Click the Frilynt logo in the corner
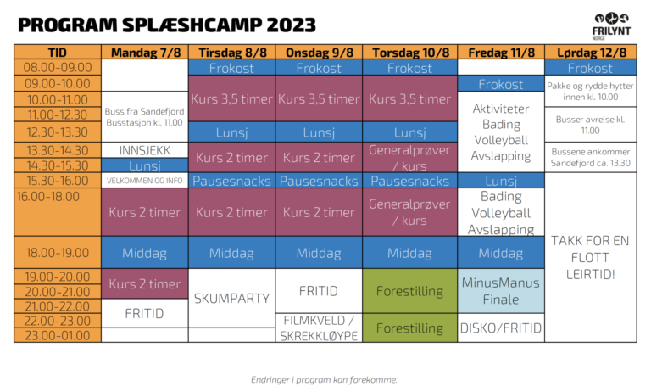611,26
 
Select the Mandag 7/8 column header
145,52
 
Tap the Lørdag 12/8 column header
591,52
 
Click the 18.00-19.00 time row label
58,252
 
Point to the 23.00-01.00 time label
58,335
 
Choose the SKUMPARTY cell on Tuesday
231,298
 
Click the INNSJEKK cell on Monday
145,150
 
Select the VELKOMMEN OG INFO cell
145,181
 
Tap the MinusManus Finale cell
501,290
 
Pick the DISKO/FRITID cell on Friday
501,328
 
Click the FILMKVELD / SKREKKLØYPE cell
319,328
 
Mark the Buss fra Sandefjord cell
145,117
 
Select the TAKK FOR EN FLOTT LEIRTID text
590,257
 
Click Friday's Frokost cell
501,84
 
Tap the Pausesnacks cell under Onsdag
319,181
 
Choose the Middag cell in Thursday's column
409,252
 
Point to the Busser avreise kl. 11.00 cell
591,125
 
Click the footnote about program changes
324,379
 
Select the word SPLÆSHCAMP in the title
192,25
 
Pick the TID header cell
58,52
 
